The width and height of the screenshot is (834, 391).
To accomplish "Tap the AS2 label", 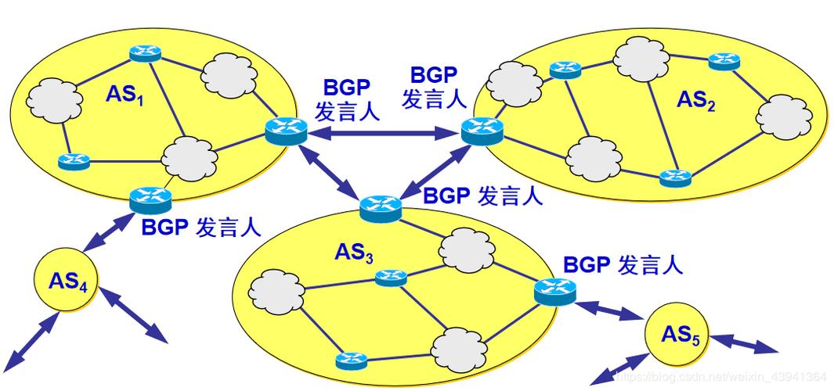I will (696, 101).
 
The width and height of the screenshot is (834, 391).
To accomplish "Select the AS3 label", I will (353, 253).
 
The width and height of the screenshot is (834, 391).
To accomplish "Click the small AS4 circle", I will (66, 281).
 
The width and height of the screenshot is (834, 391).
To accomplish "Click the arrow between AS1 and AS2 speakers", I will (381, 135).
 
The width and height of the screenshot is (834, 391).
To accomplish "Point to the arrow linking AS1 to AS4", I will (106, 231).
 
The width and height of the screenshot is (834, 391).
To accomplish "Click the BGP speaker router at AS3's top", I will (381, 208).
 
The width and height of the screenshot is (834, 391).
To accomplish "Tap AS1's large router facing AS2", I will (284, 131).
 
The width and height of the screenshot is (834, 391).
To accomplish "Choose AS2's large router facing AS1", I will (480, 131).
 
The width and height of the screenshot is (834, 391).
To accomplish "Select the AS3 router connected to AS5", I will (555, 291).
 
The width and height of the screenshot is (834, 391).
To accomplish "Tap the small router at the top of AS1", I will (145, 53).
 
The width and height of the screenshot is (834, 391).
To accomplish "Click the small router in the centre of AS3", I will (389, 277).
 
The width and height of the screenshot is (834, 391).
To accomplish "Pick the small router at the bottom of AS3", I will (351, 361).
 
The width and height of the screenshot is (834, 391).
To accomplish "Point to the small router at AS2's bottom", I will (674, 177).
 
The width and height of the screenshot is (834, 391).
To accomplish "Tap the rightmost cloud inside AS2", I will (784, 117).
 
